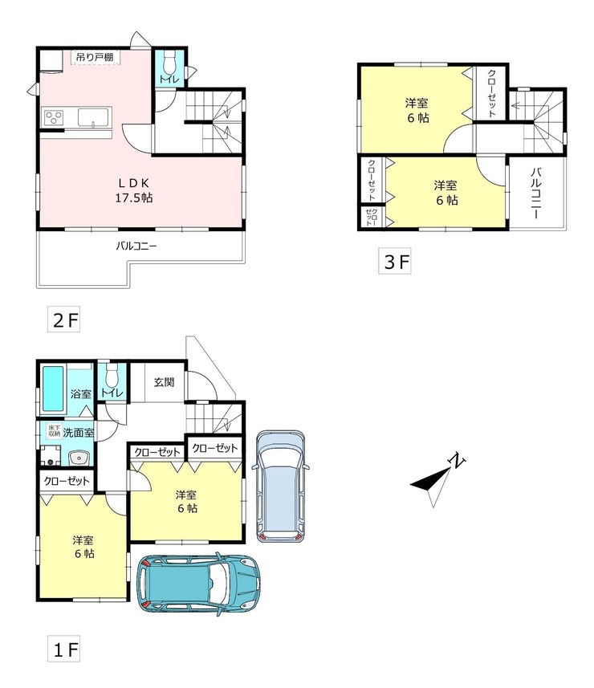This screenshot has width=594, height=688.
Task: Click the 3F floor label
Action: tap(395, 262)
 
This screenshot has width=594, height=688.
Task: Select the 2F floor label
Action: tap(64, 320)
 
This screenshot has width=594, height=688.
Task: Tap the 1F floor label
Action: tap(64, 649)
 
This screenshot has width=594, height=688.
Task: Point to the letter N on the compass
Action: tap(457, 460)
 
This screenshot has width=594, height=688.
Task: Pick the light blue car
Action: tap(281, 486)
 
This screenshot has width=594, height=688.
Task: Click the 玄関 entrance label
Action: tap(164, 382)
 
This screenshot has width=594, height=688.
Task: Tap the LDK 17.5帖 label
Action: tap(134, 190)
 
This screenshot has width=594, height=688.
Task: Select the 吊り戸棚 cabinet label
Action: tap(95, 57)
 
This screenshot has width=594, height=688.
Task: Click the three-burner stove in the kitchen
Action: tap(54, 117)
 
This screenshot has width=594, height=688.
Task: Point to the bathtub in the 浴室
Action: tap(54, 389)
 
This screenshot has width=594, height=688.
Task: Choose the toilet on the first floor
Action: tap(112, 373)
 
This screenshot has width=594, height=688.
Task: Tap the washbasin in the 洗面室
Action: tap(79, 458)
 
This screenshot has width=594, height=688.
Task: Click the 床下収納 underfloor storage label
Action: tap(55, 430)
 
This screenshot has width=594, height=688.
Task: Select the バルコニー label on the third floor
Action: tap(535, 193)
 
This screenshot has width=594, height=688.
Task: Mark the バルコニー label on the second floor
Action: tap(136, 246)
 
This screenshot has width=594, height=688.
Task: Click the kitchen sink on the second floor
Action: tap(93, 117)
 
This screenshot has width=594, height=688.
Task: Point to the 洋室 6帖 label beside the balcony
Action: tap(446, 193)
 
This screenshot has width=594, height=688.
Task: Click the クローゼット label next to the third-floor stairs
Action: tap(492, 93)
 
